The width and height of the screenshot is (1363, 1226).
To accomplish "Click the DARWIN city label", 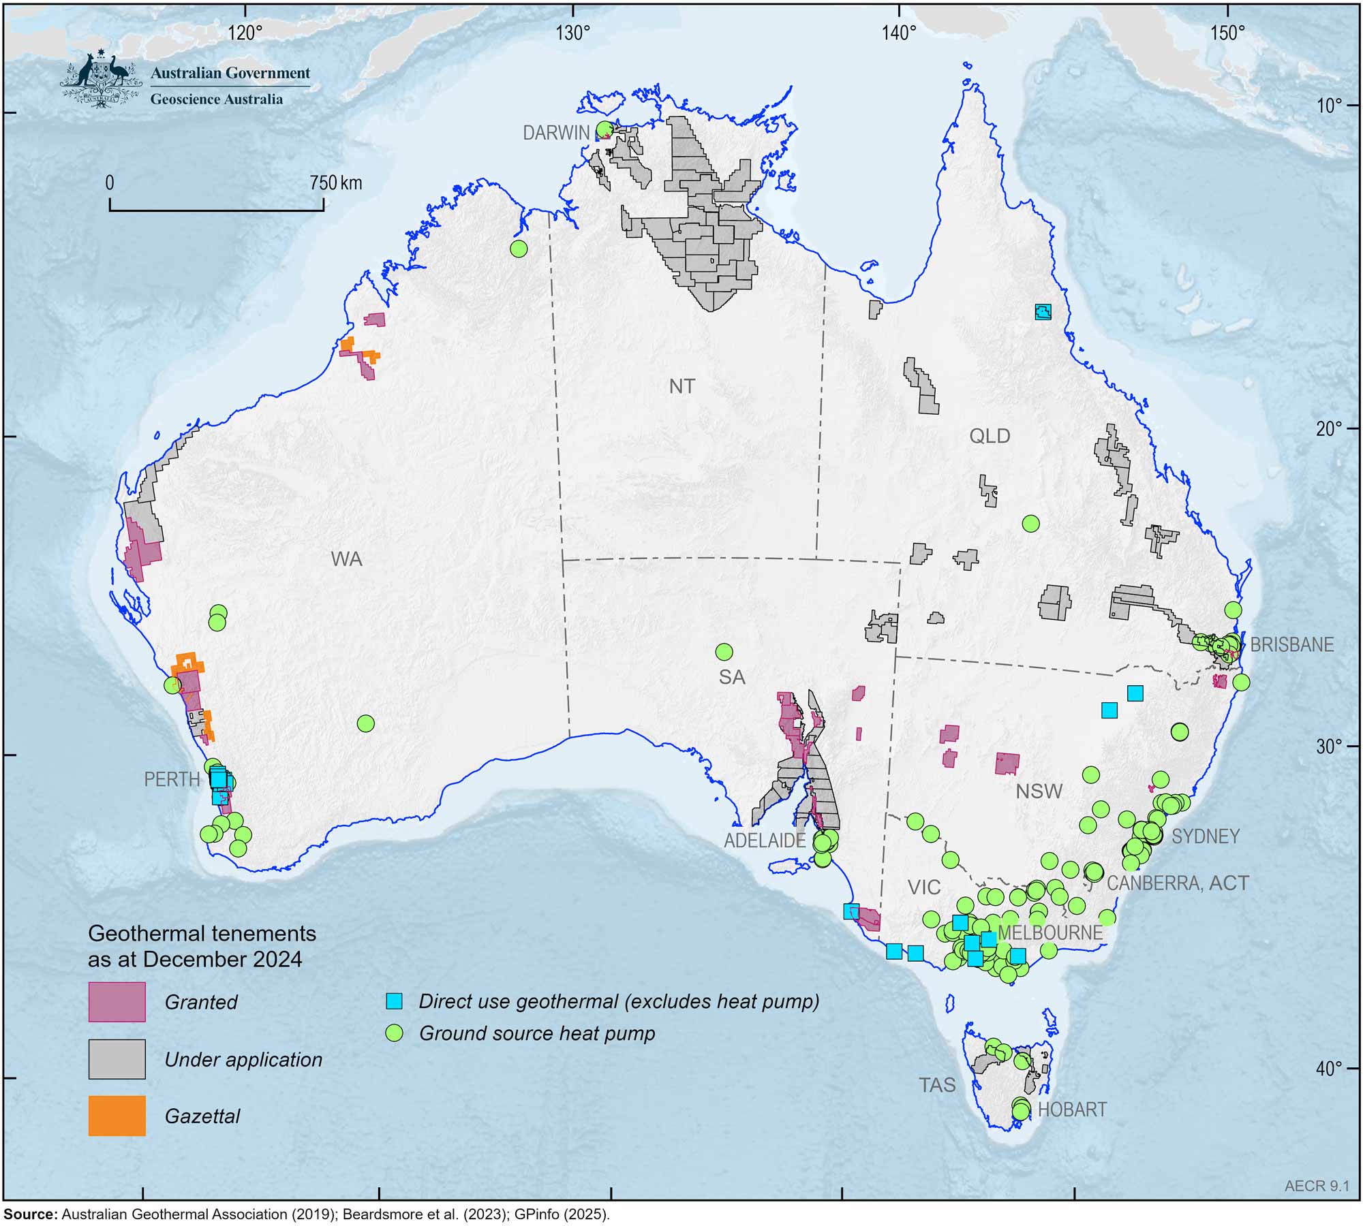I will (555, 133).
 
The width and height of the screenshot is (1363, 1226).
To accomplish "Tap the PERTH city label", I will (172, 779).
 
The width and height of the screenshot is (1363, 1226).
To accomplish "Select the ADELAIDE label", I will (765, 840).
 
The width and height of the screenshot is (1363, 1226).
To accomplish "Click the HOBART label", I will (1072, 1110).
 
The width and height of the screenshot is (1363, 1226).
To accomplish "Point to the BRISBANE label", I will (1291, 644).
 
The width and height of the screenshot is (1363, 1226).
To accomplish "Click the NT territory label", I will (681, 386).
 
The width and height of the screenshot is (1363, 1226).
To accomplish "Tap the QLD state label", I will (990, 436).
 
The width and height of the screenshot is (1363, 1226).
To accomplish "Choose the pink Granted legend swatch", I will (117, 1002).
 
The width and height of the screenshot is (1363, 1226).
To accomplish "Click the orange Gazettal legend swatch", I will (117, 1116).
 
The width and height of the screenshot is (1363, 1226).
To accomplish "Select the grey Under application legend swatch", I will (117, 1059).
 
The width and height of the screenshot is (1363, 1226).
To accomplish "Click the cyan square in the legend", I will (394, 1001).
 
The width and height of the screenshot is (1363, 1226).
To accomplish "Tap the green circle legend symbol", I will (394, 1033).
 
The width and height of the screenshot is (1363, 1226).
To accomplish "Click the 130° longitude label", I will (572, 32).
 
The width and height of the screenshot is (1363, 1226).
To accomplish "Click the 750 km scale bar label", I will (336, 183).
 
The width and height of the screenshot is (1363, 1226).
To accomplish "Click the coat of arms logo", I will (101, 79).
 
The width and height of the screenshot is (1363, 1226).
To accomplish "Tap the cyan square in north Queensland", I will (1043, 312).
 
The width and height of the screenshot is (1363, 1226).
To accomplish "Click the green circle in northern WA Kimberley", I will (519, 249).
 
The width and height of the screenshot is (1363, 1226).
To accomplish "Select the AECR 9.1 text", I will (1317, 1186).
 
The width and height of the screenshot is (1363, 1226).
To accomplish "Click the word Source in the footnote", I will (30, 1214).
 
